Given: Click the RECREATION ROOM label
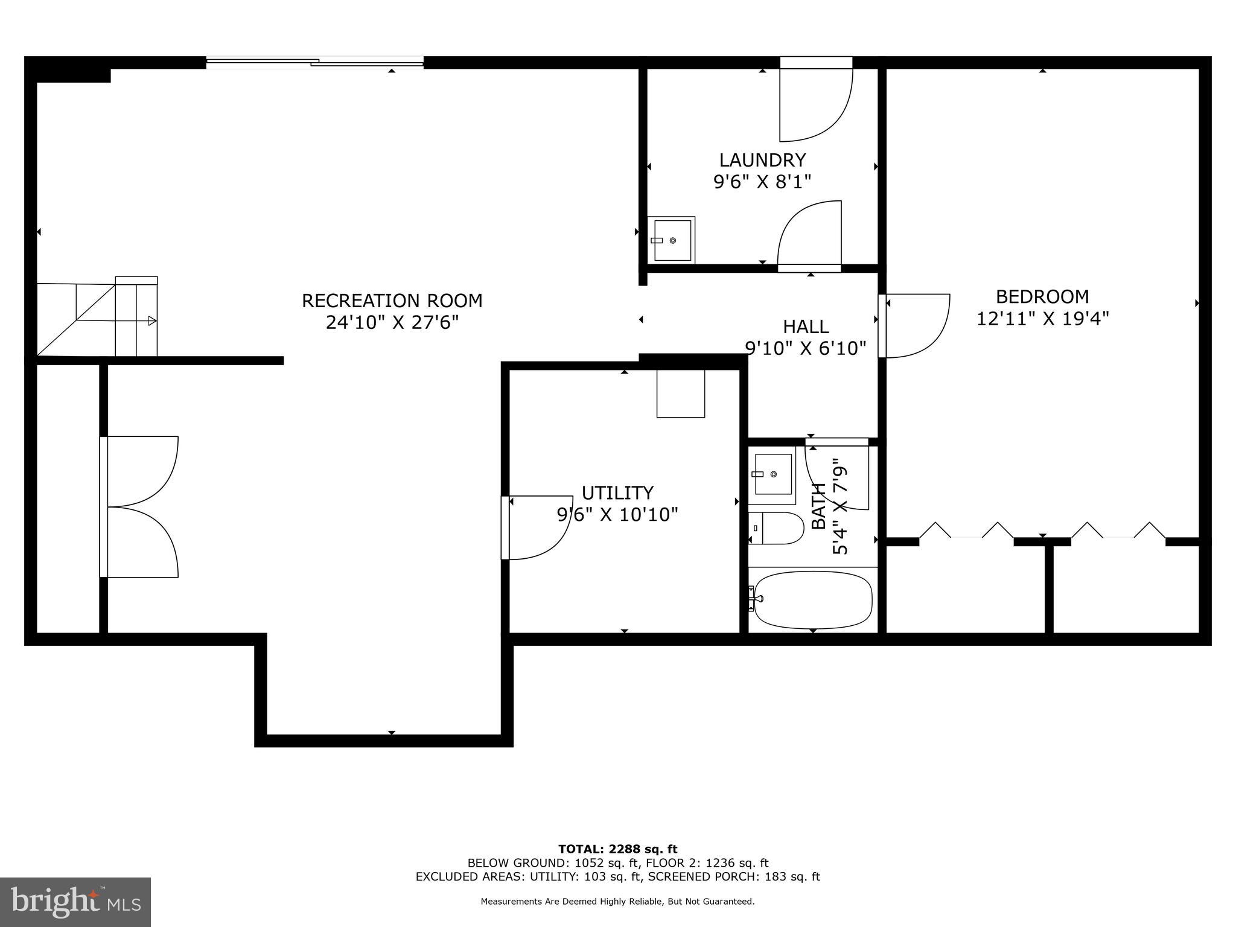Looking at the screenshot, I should pyautogui.click(x=392, y=301).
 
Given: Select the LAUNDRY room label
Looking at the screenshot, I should pyautogui.click(x=762, y=160).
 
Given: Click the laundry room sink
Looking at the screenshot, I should pyautogui.click(x=672, y=240).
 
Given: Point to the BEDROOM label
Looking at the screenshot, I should pyautogui.click(x=1042, y=296).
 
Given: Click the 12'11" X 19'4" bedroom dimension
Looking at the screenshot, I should pyautogui.click(x=1042, y=318).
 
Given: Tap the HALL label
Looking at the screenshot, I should pyautogui.click(x=805, y=327).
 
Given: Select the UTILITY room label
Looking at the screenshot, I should pyautogui.click(x=617, y=493).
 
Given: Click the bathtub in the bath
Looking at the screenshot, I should pyautogui.click(x=812, y=599).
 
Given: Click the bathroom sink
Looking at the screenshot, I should pyautogui.click(x=773, y=474).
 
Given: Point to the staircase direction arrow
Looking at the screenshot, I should pyautogui.click(x=152, y=321).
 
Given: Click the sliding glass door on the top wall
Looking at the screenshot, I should pyautogui.click(x=314, y=61).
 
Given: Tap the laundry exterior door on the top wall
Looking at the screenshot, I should pyautogui.click(x=816, y=63).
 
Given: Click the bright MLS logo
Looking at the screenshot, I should pyautogui.click(x=75, y=902).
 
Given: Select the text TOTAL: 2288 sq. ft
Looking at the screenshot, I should pyautogui.click(x=617, y=849).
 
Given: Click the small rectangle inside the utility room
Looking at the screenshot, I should pyautogui.click(x=680, y=393).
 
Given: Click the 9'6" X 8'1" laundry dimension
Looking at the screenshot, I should pyautogui.click(x=762, y=182).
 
